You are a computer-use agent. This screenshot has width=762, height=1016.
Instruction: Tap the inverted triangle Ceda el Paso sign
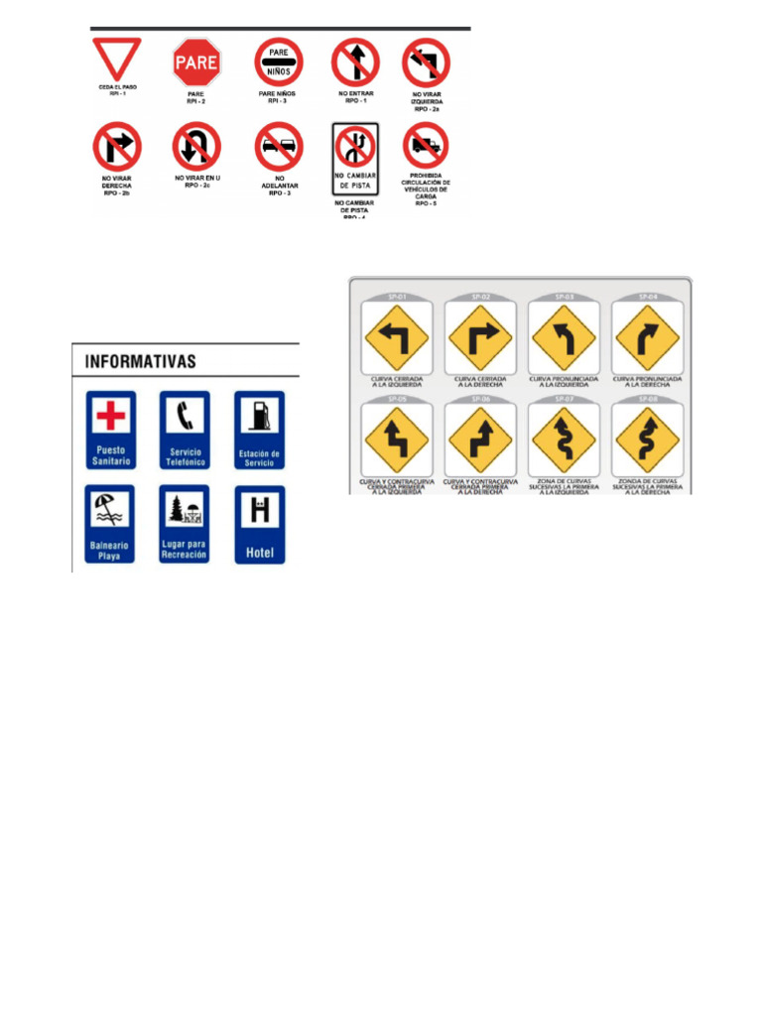point(117,58)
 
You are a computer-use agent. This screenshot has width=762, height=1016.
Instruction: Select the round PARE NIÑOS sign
point(278,62)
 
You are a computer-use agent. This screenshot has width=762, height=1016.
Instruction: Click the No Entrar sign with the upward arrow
point(355,62)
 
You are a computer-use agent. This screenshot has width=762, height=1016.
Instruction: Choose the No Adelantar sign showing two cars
point(278,147)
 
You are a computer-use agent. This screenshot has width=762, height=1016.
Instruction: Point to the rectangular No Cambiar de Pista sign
point(355,159)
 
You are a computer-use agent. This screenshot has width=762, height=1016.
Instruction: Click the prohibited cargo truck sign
point(426,147)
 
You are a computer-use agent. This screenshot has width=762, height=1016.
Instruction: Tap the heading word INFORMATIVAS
point(141,361)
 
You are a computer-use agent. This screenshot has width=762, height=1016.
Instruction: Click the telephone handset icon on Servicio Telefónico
point(184,417)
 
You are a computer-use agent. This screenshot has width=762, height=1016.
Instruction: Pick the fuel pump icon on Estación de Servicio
point(259,417)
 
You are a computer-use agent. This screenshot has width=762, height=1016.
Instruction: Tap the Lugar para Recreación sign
point(184,526)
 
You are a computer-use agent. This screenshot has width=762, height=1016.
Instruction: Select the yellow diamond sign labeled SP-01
point(397,337)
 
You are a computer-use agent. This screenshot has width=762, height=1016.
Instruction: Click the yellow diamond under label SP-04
point(647,337)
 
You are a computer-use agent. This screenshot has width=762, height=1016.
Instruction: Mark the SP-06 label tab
point(480,399)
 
